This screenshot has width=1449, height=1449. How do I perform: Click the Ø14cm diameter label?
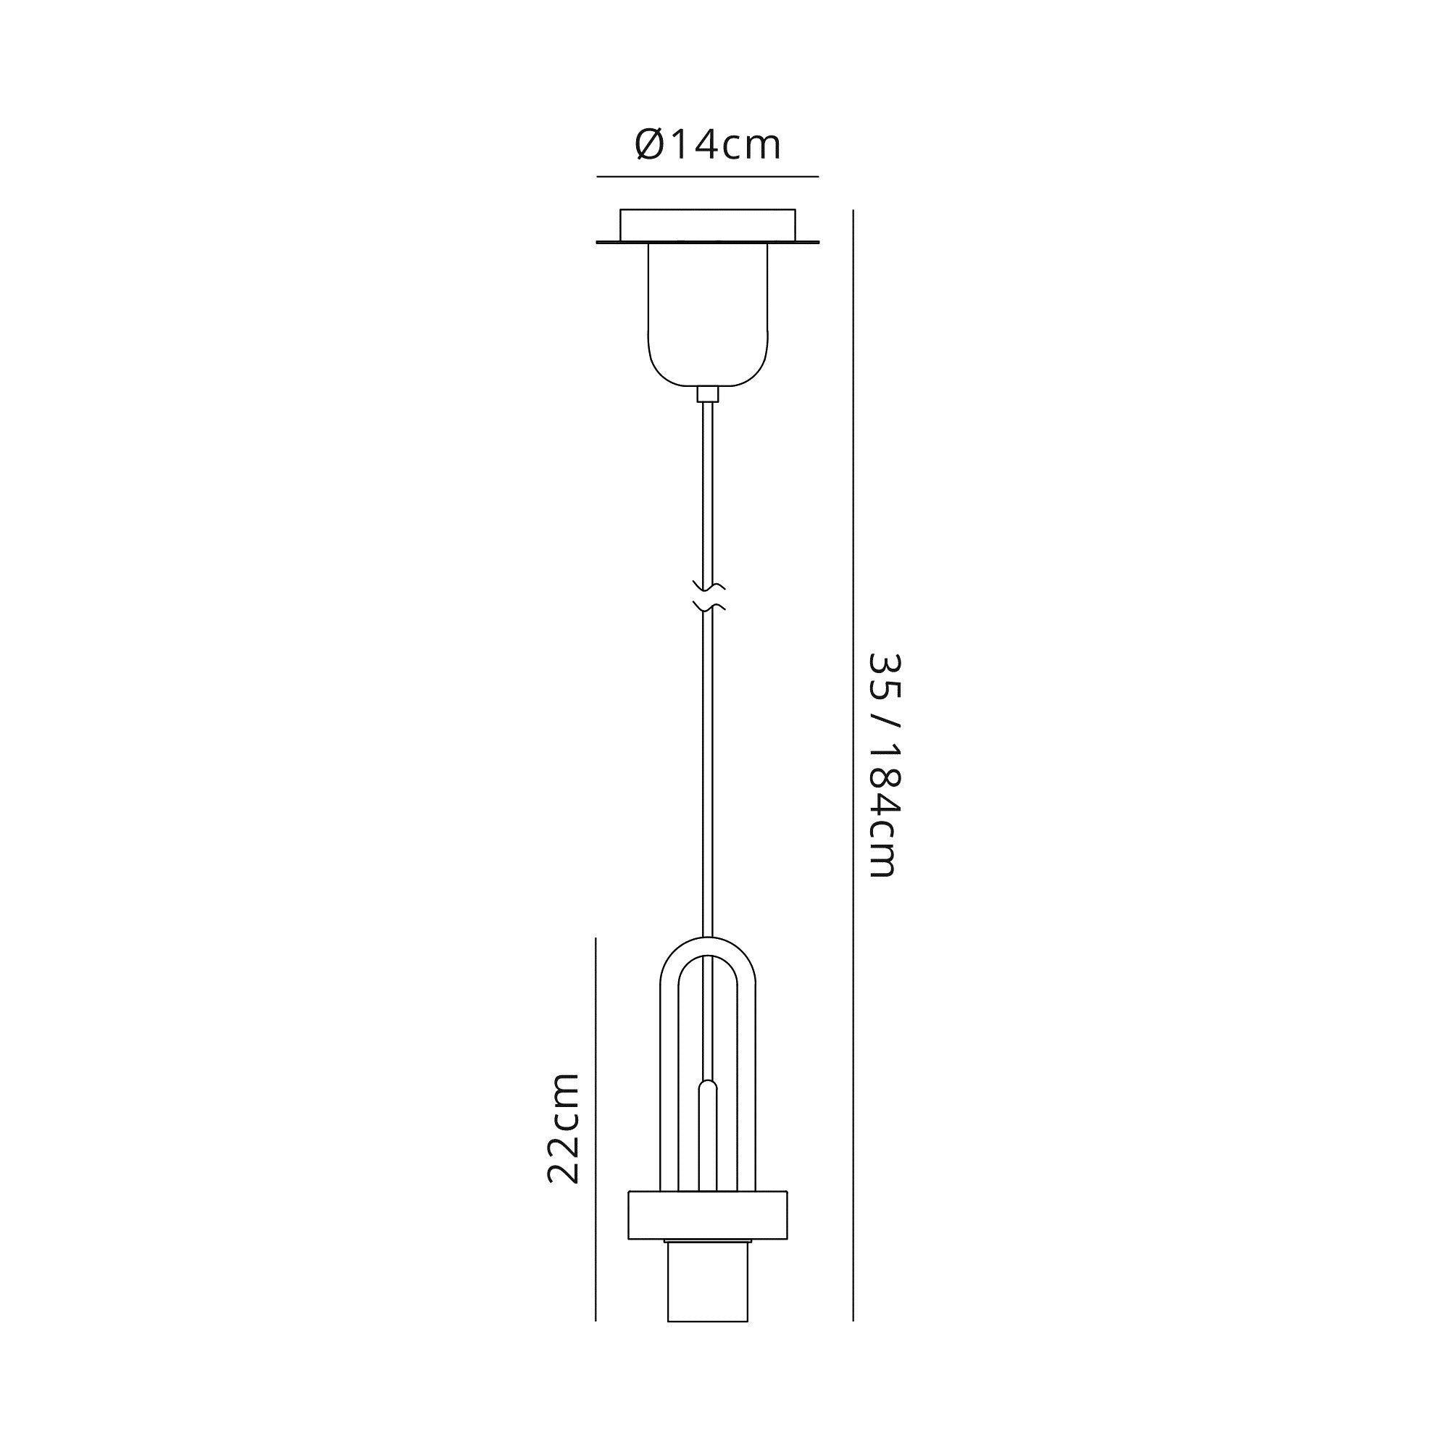[707, 146]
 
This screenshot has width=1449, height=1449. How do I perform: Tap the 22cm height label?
[563, 1129]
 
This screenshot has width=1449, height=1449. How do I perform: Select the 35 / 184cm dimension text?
[882, 764]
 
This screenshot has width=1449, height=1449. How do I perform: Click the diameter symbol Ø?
[649, 146]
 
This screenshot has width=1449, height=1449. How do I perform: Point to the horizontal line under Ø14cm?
[707, 177]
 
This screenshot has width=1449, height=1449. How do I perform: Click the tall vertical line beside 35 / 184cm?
[853, 750]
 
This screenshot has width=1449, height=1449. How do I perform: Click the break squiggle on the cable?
[708, 596]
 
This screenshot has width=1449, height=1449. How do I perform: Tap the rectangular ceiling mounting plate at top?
[707, 226]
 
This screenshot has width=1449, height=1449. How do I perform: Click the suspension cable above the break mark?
[707, 488]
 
